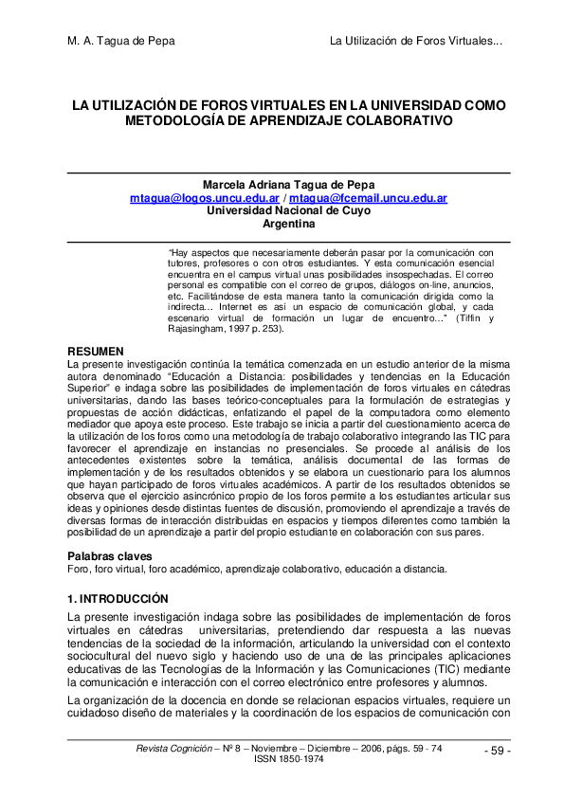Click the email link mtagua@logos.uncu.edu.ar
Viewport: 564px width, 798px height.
pos(204,199)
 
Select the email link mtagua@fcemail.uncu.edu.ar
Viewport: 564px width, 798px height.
pos(368,199)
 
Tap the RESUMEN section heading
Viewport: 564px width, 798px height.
pos(94,352)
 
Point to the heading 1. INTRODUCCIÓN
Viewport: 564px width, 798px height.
pos(118,599)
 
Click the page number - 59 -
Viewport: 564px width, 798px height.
pos(497,752)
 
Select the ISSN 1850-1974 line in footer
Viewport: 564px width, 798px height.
pos(288,759)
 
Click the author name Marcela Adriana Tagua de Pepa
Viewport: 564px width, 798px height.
pos(288,185)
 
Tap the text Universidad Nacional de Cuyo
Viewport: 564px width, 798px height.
pos(288,211)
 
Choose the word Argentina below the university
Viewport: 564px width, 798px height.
pos(288,225)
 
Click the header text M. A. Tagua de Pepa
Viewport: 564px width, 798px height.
pos(121,42)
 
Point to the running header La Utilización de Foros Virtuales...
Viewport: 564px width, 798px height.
pos(415,42)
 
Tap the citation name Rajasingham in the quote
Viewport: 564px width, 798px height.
pos(199,329)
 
